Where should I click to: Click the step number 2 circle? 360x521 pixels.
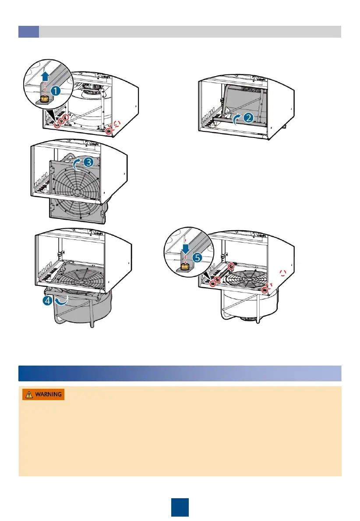pos(248,117)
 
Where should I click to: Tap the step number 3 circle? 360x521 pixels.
pos(88,163)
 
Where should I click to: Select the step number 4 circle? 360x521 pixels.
pos(48,302)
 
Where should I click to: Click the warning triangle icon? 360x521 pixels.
pos(28,394)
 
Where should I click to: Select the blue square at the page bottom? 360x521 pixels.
pos(180,507)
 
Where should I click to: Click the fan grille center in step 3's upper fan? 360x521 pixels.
pos(77,191)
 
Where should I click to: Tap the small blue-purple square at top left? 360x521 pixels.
pos(28,32)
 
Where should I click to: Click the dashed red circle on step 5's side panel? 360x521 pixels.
pos(283,273)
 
